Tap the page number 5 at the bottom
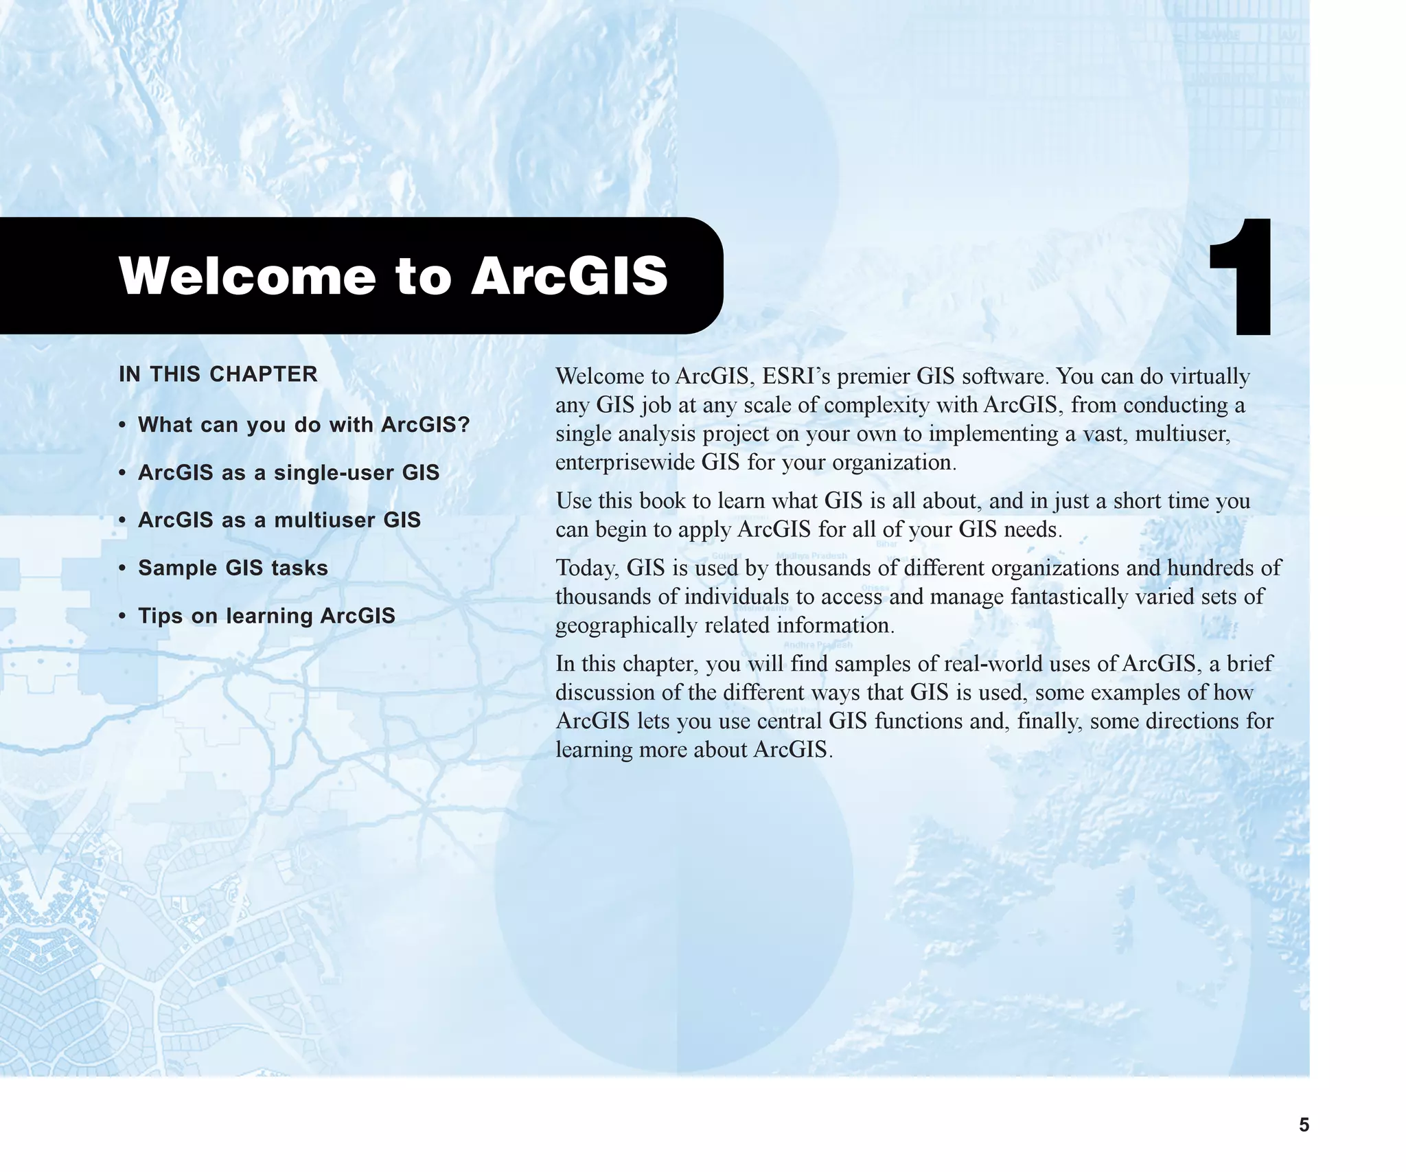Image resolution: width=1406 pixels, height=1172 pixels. [1304, 1125]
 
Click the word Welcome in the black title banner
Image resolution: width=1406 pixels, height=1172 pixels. [247, 276]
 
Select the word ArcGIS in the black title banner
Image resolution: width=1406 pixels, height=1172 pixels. [570, 276]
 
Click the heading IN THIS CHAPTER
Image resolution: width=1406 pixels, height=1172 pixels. [218, 374]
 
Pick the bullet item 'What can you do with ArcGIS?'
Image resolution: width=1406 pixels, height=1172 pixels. [303, 425]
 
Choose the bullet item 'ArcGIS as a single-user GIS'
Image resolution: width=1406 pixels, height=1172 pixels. [288, 472]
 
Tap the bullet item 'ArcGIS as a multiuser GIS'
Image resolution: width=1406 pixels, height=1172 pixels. [279, 520]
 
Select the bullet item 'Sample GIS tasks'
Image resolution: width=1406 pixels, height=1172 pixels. [233, 568]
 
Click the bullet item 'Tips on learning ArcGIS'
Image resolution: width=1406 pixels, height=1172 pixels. [266, 616]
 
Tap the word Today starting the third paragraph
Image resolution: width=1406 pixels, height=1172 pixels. [587, 568]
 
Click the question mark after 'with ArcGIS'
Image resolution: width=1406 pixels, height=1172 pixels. [464, 425]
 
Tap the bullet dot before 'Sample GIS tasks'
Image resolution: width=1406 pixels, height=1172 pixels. [122, 568]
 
